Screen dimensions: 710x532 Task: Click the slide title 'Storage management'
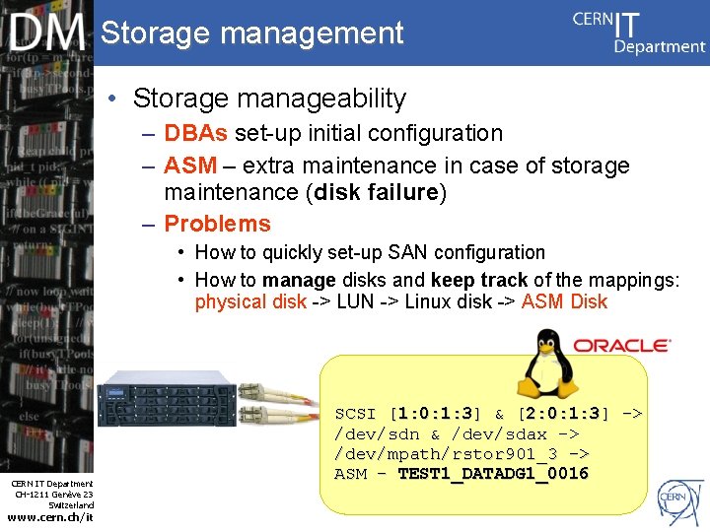252,33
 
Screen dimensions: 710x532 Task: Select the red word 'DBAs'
196,133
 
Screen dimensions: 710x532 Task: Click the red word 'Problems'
217,224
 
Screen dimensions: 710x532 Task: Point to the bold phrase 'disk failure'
376,192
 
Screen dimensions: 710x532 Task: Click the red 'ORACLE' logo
621,346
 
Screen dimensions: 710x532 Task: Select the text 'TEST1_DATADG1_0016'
493,474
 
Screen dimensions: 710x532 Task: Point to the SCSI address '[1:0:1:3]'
435,414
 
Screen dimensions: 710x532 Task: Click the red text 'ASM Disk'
564,301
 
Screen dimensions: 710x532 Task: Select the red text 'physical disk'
250,301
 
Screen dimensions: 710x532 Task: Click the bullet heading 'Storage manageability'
269,99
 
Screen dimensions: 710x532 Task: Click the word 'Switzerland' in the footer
71,504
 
